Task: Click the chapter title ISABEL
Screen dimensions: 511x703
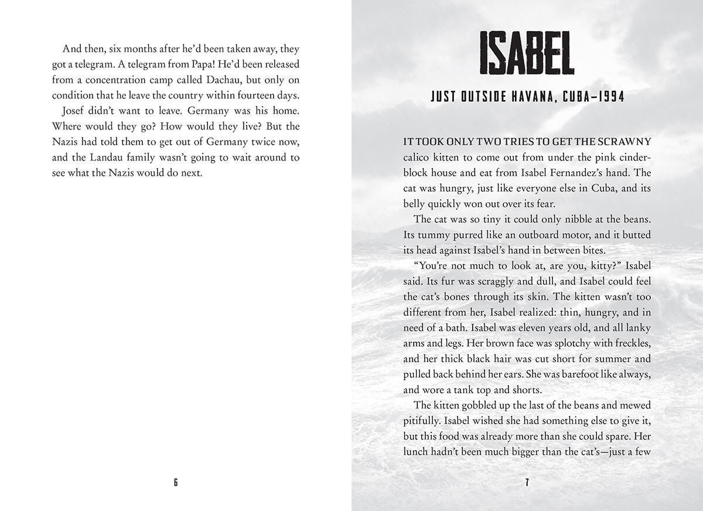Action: [x=527, y=54]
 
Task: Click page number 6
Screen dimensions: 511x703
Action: [x=176, y=482]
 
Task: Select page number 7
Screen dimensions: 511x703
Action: [x=527, y=482]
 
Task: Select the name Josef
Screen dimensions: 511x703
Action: [x=75, y=111]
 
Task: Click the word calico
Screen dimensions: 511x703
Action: [x=417, y=158]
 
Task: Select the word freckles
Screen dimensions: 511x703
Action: [x=630, y=343]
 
